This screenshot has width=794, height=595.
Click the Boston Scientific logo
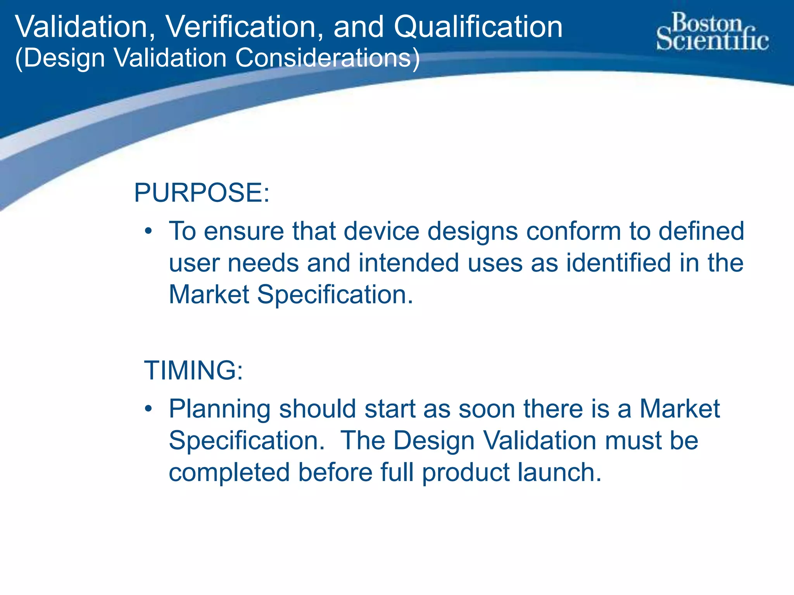pos(713,32)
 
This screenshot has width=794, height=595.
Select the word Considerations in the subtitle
pos(327,58)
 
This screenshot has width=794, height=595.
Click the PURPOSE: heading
pos(202,193)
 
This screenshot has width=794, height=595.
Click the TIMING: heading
pos(193,370)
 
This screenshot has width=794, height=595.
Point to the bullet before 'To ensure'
pos(148,232)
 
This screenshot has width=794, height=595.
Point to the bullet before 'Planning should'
pos(148,409)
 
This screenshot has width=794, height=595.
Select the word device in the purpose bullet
pos(381,231)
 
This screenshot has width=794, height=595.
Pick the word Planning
pos(220,410)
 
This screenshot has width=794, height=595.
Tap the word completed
pos(229,473)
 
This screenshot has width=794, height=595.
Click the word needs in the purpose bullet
pos(263,263)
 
